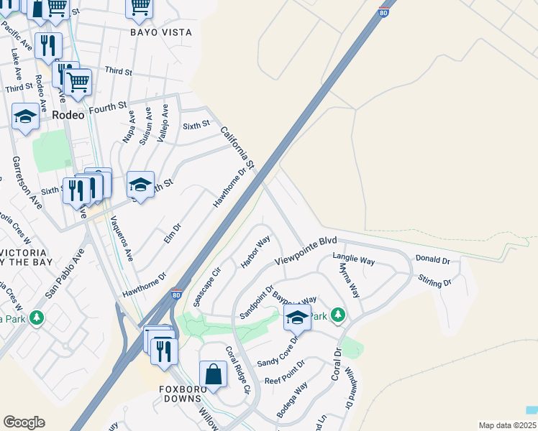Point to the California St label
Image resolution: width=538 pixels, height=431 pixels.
238,148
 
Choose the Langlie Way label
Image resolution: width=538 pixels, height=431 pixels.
353,259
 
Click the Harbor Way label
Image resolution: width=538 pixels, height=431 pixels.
255,251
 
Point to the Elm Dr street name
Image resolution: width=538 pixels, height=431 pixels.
172,232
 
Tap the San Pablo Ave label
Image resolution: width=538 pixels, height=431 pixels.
65,274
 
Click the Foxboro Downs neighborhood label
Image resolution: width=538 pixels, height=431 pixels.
183,394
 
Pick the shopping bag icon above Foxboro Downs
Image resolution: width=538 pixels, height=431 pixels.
214,374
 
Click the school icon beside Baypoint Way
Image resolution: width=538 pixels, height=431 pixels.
296,317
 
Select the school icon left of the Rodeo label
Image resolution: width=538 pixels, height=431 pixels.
26,116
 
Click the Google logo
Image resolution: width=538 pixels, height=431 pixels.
24,422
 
